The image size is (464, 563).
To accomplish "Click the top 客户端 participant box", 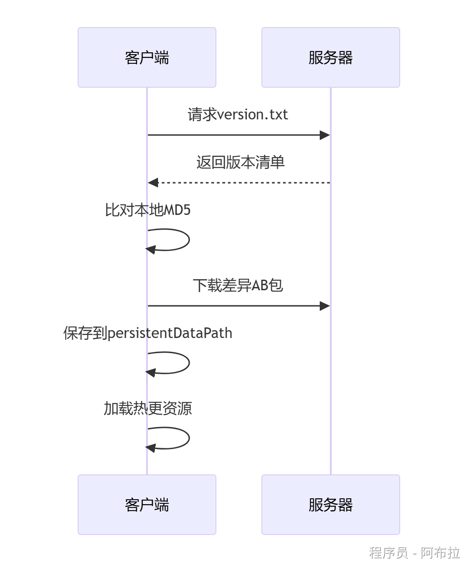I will pyautogui.click(x=147, y=57).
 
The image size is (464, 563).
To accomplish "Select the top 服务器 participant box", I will pyautogui.click(x=331, y=57).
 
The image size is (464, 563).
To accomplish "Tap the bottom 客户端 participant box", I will pyautogui.click(x=147, y=505).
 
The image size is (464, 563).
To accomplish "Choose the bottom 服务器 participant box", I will pyautogui.click(x=331, y=505).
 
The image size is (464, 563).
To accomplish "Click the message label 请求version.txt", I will pyautogui.click(x=238, y=114).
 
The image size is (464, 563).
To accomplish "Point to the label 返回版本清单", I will pyautogui.click(x=240, y=162).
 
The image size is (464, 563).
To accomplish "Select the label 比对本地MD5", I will pyautogui.click(x=147, y=210).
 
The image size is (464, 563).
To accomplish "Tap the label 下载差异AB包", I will pyautogui.click(x=238, y=285).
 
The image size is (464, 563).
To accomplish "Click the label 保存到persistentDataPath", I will pyautogui.click(x=147, y=333).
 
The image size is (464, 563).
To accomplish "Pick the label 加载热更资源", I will pyautogui.click(x=147, y=408).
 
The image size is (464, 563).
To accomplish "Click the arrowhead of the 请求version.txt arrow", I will pyautogui.click(x=325, y=135).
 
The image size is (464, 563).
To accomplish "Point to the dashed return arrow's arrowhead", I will pyautogui.click(x=153, y=183).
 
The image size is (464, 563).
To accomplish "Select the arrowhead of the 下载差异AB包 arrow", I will pyautogui.click(x=325, y=306).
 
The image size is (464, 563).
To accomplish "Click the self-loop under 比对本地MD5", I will pyautogui.click(x=188, y=240).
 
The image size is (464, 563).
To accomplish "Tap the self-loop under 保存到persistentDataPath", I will pyautogui.click(x=188, y=363).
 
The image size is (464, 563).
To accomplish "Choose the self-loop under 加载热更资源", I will pyautogui.click(x=188, y=438).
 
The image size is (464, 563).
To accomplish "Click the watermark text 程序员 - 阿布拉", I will pyautogui.click(x=414, y=552).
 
